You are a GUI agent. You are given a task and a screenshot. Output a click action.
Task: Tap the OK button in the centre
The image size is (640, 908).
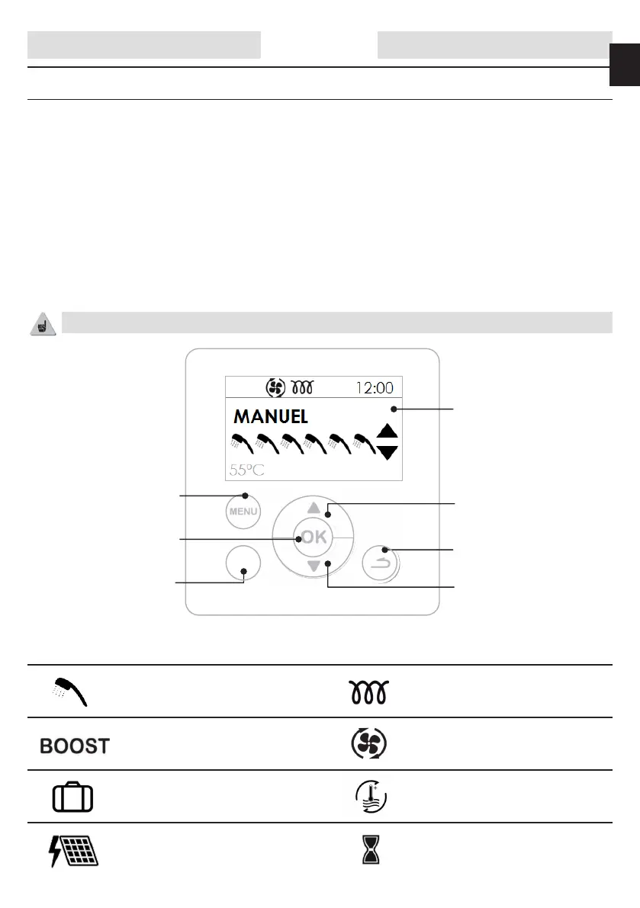click(x=314, y=537)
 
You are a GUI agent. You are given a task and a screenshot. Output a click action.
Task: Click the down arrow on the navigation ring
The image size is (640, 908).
click(x=314, y=566)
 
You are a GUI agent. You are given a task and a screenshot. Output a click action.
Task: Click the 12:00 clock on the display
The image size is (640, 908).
click(x=375, y=387)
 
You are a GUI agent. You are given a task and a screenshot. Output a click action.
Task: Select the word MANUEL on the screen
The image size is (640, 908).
click(x=270, y=417)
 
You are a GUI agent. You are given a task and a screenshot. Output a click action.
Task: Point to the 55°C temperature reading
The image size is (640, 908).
click(x=247, y=470)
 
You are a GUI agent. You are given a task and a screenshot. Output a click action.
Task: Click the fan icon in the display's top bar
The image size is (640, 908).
click(x=275, y=387)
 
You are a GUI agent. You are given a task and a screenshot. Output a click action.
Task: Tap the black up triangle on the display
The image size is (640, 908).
click(x=388, y=432)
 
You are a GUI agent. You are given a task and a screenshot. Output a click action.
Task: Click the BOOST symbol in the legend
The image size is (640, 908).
click(x=75, y=745)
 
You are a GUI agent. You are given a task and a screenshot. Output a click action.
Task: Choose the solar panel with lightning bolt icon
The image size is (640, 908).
click(x=73, y=849)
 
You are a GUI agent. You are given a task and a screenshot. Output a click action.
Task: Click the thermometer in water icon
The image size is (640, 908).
click(x=371, y=797)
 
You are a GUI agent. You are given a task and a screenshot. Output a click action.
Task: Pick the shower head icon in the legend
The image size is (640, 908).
click(x=72, y=691)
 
